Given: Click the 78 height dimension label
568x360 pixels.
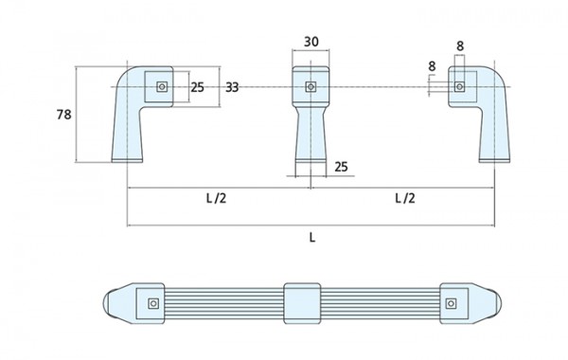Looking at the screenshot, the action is click(63, 115).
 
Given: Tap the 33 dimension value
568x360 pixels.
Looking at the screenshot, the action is click(232, 87).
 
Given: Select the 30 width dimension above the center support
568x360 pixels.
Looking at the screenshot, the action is click(311, 42).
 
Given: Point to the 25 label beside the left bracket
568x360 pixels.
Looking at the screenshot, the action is click(198, 87).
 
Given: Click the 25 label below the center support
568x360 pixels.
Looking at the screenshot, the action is click(341, 167).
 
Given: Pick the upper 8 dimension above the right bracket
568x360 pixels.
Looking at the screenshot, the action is click(460, 46).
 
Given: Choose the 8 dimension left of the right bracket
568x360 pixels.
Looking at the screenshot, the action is click(432, 66).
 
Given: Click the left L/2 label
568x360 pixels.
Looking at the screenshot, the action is click(216, 198).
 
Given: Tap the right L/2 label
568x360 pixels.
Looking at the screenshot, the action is click(405, 198).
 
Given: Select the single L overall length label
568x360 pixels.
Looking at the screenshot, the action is click(312, 238).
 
